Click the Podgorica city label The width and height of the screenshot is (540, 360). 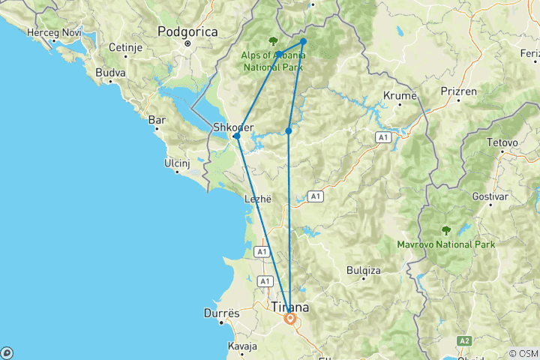coord(187,31)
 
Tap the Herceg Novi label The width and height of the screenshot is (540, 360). coord(53,33)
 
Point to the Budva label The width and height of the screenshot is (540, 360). coord(110,73)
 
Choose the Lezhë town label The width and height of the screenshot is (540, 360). coord(256,199)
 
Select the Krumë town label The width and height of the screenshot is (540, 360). coord(399,97)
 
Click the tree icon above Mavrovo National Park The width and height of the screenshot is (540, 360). coord(446,230)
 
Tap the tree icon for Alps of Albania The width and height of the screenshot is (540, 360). coord(272,42)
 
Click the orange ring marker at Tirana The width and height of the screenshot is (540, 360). coord(289,319)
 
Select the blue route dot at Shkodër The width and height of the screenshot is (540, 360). coord(236,136)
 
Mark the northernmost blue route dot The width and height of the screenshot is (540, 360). coord(303,41)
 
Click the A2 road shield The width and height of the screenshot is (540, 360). coord(466,341)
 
